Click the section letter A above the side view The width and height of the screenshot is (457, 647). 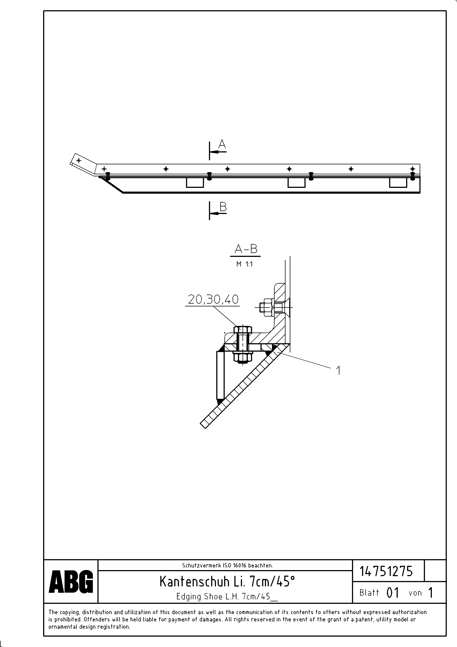222,144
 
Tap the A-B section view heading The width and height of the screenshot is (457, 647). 246,249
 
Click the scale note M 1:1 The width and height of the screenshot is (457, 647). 244,264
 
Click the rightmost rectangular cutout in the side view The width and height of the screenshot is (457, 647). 398,183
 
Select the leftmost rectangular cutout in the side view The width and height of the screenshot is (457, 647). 195,183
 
